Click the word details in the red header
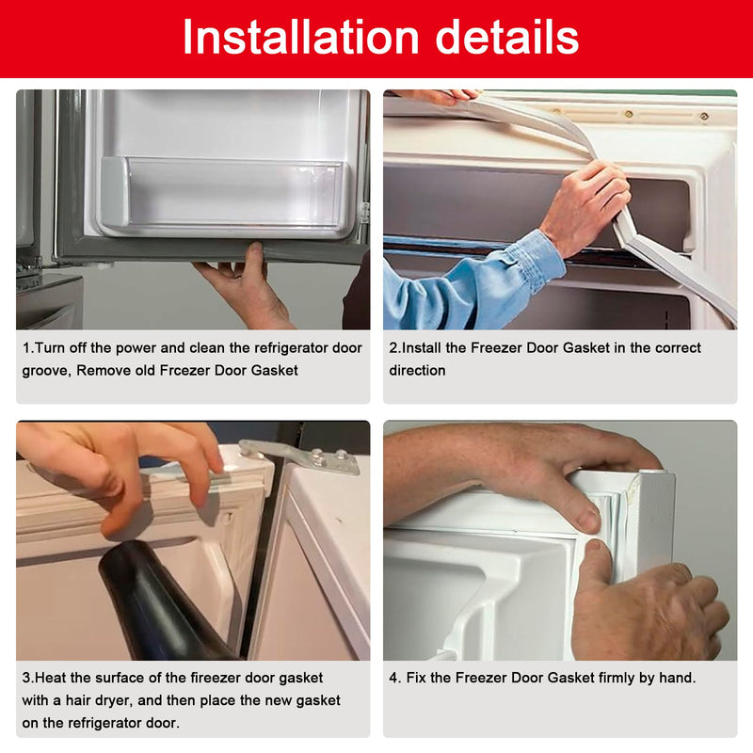click(500, 38)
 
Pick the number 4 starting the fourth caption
click(393, 678)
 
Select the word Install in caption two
click(424, 347)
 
